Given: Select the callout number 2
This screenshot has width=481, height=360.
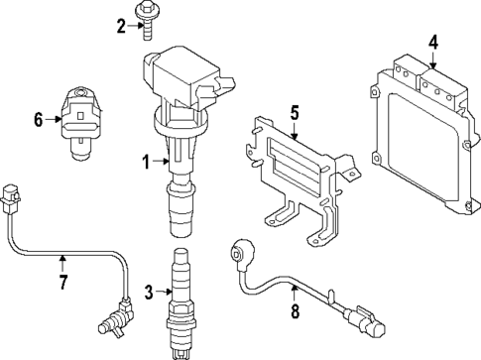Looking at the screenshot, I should [121, 26].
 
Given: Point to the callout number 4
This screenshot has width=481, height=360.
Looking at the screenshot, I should [433, 42].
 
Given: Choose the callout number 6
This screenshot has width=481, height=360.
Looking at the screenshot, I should [39, 120].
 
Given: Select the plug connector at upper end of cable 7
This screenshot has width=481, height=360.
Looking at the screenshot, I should [12, 198].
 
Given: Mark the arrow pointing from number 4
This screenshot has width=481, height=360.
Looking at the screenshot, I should [433, 60].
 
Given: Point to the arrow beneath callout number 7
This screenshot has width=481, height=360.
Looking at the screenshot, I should [61, 264].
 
